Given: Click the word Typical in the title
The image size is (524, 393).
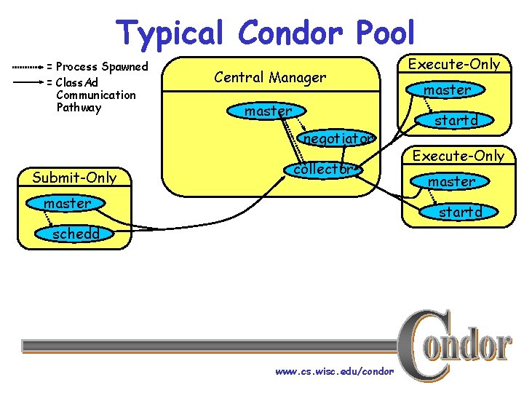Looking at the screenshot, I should pos(172,33).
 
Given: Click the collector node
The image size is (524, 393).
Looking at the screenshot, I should pos(322,169).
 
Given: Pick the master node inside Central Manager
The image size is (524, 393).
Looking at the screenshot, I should pos(269,111).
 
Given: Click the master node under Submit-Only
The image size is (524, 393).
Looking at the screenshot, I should pos(67,203).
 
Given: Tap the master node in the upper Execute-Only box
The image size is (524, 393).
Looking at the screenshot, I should pos(448,90).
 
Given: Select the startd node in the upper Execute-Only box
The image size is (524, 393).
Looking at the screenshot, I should pos(456,120).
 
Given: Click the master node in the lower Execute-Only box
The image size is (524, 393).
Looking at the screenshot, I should pos(451,181).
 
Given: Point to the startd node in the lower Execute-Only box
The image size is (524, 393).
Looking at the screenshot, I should pos(460,212).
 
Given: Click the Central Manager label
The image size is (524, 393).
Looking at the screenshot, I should pos(270,76).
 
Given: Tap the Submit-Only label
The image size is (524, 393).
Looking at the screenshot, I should pos(74,177).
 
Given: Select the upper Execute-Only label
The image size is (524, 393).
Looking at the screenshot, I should pos(454,64).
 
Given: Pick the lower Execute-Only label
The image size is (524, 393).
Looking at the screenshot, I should pos(458,155).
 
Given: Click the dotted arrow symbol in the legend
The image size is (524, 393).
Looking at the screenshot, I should pos(28,67).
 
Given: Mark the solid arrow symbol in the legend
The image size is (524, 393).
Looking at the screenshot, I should pos(28,83).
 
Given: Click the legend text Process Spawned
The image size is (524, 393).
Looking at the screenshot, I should pos(101,67).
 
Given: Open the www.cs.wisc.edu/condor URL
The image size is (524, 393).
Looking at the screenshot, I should pos(334,371).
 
